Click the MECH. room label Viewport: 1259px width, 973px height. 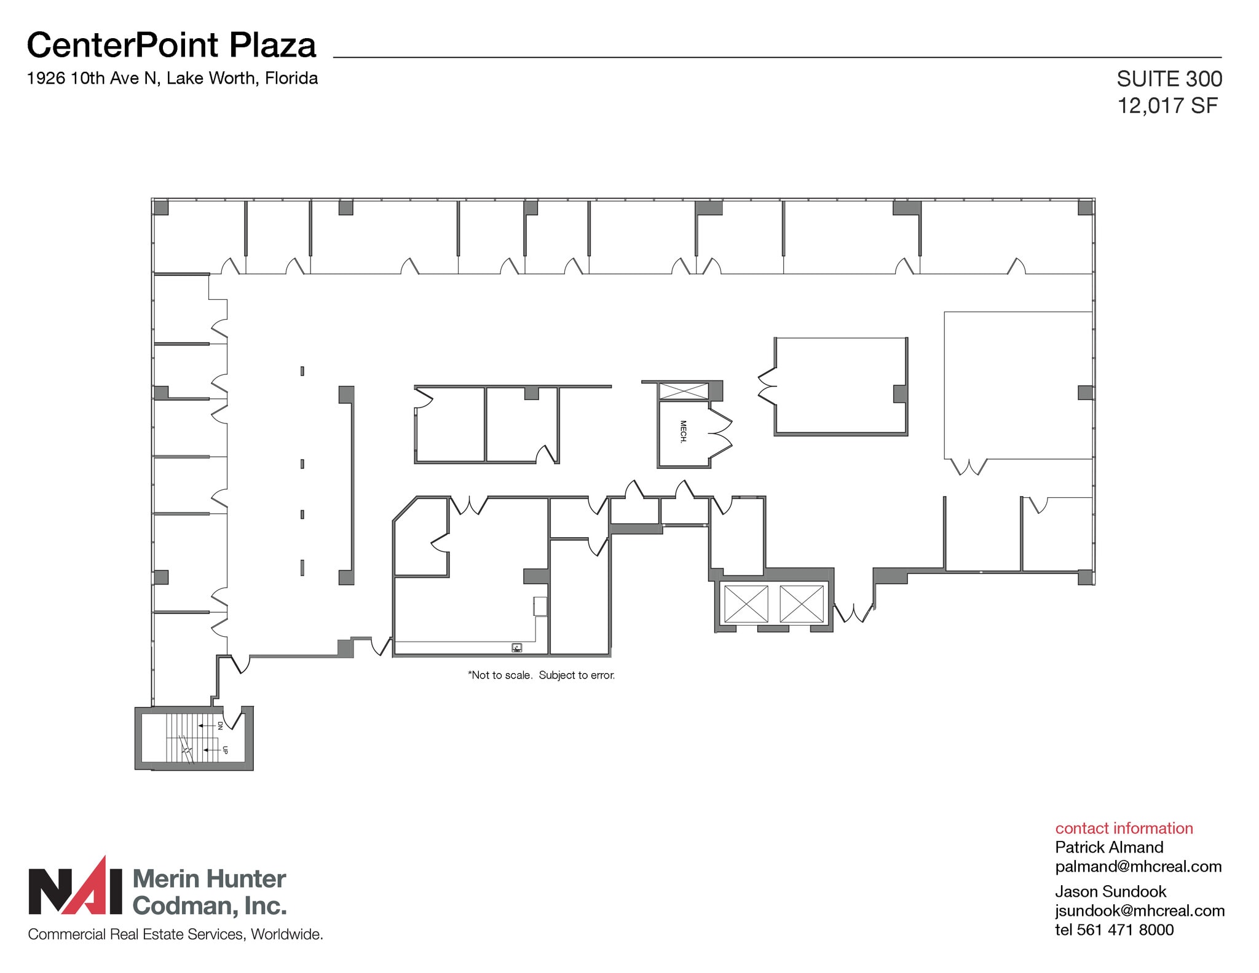pos(682,431)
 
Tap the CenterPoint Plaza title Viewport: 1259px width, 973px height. pos(172,45)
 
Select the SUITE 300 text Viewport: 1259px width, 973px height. pos(1169,79)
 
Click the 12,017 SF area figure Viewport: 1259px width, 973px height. pos(1167,106)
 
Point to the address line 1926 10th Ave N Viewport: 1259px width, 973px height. pos(172,78)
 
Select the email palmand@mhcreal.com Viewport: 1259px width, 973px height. pos(1138,866)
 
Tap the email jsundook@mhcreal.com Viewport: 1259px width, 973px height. pos(1139,910)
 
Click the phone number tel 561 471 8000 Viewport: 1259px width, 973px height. pos(1114,929)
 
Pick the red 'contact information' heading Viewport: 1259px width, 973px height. pos(1124,828)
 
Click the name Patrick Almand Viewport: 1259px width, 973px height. pos(1109,847)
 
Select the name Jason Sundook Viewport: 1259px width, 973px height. pos(1110,891)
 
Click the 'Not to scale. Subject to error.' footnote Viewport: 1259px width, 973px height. pos(541,675)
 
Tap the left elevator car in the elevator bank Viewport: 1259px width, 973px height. pos(746,604)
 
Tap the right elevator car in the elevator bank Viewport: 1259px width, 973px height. pos(801,604)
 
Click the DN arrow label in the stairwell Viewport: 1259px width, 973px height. pos(219,725)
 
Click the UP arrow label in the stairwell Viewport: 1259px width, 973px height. pos(225,750)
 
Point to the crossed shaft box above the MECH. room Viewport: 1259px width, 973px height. pos(683,390)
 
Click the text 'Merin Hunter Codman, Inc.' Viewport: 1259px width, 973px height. pos(209,892)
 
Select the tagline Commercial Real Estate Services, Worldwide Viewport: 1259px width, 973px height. pos(175,934)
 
